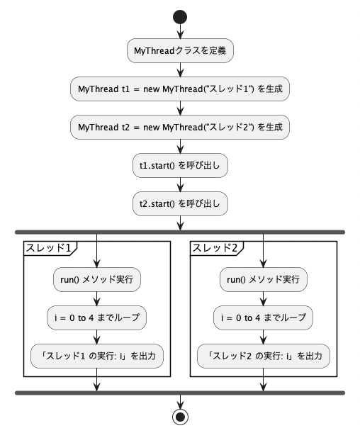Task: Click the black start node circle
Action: tap(180, 17)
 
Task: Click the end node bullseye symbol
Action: tap(180, 417)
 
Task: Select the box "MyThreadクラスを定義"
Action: tap(180, 50)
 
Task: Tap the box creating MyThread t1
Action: tap(180, 89)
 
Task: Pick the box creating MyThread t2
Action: tap(180, 128)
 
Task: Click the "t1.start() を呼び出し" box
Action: tap(180, 165)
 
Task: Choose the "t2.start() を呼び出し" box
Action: tap(180, 204)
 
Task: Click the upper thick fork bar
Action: tap(180, 232)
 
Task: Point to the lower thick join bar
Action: tap(180, 393)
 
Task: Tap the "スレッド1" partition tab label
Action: tap(48, 248)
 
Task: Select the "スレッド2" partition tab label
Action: tap(215, 248)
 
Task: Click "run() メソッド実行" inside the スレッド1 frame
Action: tap(97, 279)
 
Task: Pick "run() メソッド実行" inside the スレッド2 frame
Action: tap(264, 279)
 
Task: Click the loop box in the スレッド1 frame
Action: tap(96, 318)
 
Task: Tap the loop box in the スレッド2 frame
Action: tap(263, 318)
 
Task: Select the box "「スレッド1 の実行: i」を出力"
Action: tap(97, 356)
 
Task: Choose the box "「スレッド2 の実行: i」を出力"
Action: tap(264, 356)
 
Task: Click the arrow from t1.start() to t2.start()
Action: tap(180, 185)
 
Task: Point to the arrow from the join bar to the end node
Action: tap(180, 402)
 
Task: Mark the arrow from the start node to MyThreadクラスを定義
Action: tap(180, 31)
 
